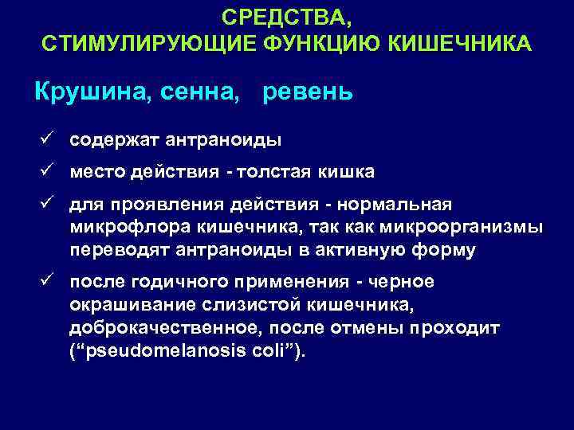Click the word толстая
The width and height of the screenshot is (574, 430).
coord(272,172)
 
